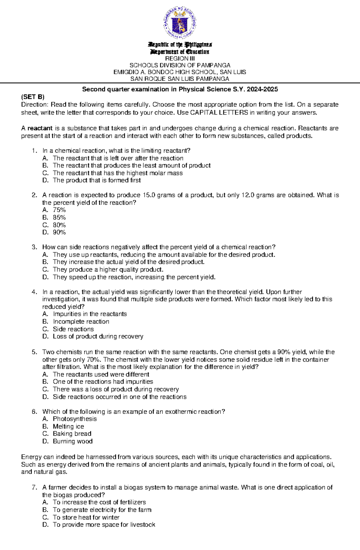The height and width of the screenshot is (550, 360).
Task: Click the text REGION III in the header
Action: [x=180, y=58]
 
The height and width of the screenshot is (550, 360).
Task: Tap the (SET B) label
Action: [x=32, y=97]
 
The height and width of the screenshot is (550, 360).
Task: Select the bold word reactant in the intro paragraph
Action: [x=40, y=128]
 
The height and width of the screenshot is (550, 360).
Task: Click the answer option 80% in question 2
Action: [x=59, y=225]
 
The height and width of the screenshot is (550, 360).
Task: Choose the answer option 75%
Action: [x=59, y=210]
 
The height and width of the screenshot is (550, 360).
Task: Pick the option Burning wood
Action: [x=73, y=441]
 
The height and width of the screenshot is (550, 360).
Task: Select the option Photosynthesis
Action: [x=75, y=419]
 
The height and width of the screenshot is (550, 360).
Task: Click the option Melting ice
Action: [x=68, y=426]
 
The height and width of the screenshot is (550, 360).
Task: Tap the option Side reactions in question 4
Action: [x=73, y=329]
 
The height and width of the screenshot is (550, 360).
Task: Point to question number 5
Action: [x=34, y=352]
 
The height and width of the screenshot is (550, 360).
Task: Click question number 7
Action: [x=34, y=487]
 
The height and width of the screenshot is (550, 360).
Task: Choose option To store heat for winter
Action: [x=86, y=517]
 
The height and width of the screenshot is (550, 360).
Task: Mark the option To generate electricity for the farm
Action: [x=102, y=510]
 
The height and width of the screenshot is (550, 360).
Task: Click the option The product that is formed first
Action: [x=97, y=180]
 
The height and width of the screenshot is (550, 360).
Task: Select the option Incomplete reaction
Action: [x=81, y=321]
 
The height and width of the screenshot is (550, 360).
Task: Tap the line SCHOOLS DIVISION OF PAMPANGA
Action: [x=180, y=65]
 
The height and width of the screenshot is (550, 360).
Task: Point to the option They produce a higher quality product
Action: [x=108, y=269]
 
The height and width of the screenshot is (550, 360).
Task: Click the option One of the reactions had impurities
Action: [x=103, y=382]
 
